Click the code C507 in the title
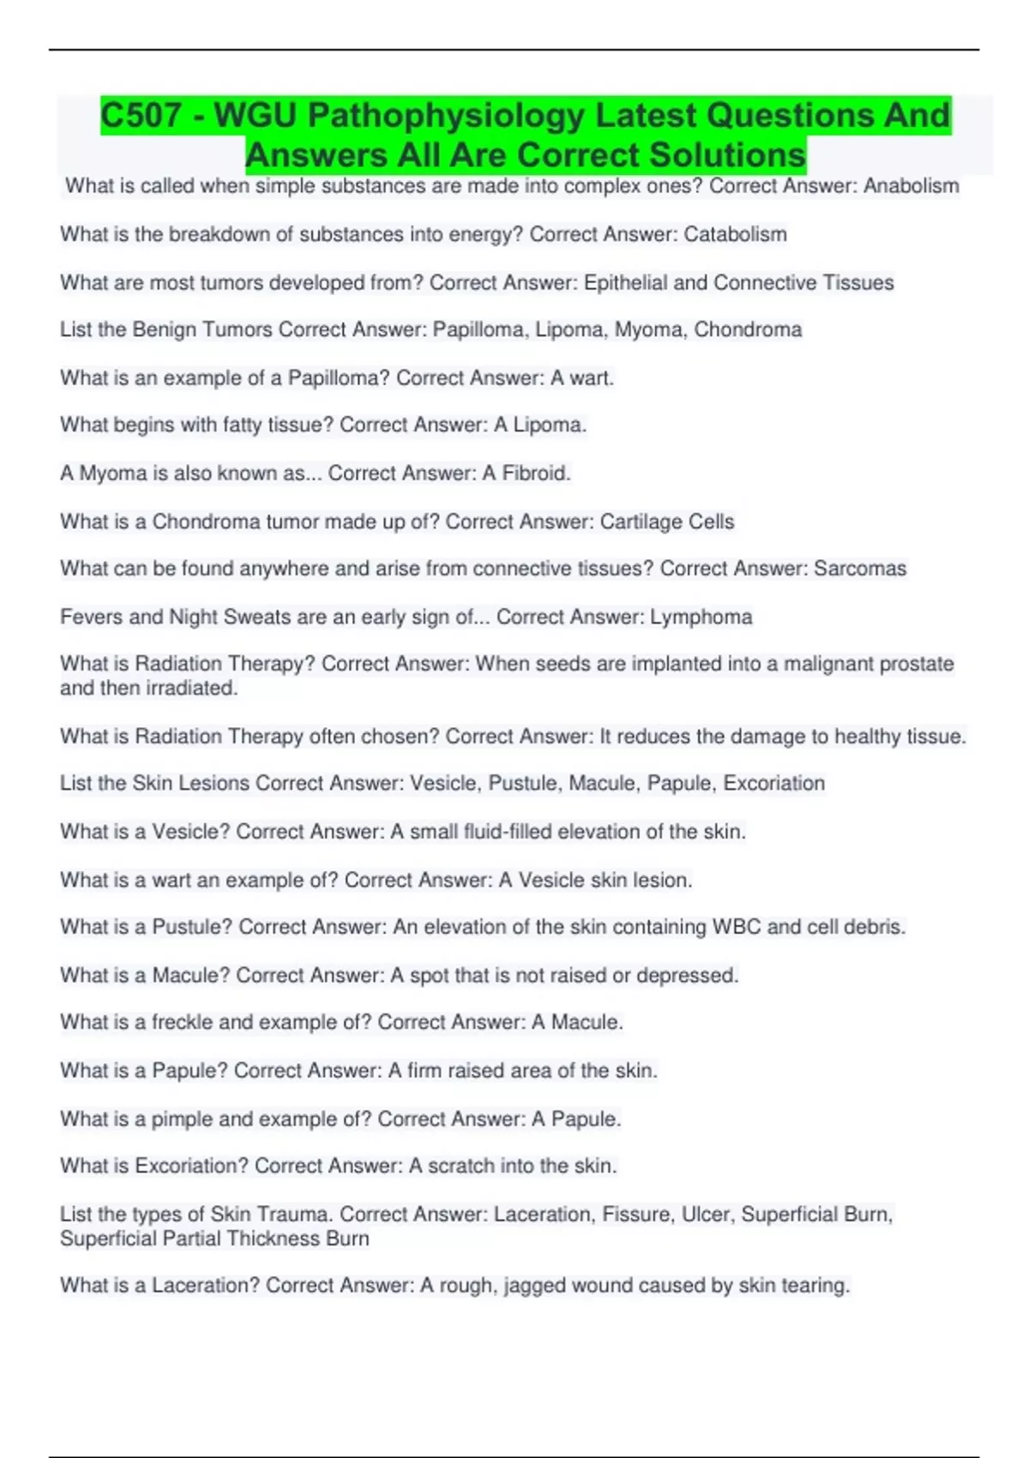coord(141,115)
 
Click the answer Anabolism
coord(911,186)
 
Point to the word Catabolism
coord(735,234)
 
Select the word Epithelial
coord(625,282)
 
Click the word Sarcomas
coord(859,569)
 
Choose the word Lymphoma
coord(701,617)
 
